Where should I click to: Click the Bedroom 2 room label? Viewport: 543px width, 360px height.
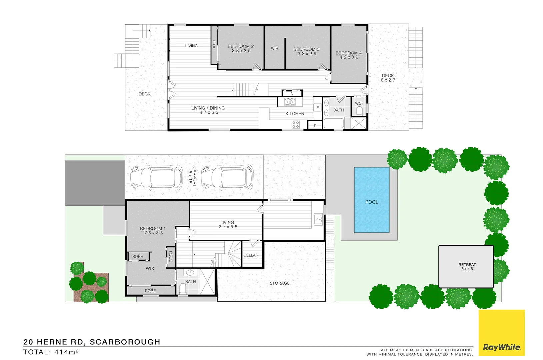(x=241, y=46)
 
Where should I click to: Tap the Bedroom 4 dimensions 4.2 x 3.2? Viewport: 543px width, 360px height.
(x=349, y=57)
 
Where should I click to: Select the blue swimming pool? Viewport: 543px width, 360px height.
(x=372, y=200)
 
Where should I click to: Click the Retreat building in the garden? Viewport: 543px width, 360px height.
(x=466, y=267)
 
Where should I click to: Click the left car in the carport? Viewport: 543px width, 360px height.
(x=156, y=178)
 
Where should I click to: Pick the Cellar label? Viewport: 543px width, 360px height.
(x=251, y=255)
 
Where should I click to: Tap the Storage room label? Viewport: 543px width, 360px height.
(x=280, y=283)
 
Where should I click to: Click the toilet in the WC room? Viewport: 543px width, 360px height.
(x=359, y=111)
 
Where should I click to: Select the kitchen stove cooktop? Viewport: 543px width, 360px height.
(x=296, y=124)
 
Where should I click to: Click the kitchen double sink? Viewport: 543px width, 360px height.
(x=290, y=102)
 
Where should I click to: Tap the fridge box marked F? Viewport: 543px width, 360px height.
(x=317, y=108)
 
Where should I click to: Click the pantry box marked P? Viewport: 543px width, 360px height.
(x=315, y=126)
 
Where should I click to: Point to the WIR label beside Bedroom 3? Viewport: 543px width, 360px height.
(x=274, y=48)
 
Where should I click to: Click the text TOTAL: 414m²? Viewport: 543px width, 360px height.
(x=51, y=352)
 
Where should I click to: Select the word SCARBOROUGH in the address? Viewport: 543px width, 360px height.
(x=125, y=342)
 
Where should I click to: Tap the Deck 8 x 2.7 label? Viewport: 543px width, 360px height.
(x=388, y=78)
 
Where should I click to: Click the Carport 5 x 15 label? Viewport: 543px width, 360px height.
(x=192, y=177)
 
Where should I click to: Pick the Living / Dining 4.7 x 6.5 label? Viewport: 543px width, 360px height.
(x=208, y=110)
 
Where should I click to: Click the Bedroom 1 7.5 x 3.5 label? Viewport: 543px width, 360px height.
(x=153, y=231)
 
